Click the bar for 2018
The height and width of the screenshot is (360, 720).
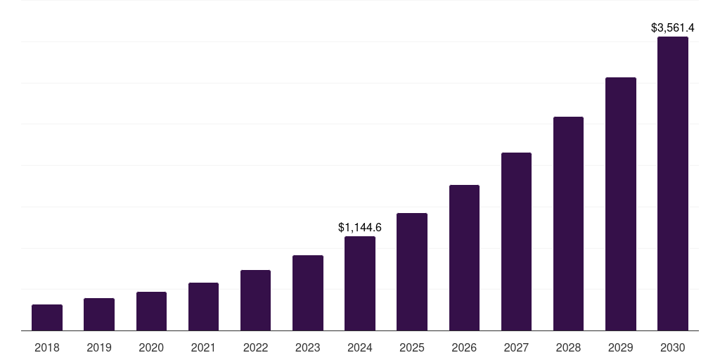47,317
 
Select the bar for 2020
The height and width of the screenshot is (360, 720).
151,311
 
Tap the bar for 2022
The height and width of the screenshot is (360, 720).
255,300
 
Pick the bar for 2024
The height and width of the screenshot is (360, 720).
360,283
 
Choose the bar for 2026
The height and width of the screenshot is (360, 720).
464,257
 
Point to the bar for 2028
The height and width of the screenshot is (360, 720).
568,224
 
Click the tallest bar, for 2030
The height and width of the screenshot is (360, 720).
673,184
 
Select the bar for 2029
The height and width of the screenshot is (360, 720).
621,204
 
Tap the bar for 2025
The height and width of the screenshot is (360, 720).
412,271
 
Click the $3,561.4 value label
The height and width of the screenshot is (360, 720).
673,28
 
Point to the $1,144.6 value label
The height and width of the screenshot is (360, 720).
360,227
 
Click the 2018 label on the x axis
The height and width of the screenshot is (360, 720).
47,347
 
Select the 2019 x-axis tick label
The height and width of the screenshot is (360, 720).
99,347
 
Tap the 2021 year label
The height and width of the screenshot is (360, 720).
203,347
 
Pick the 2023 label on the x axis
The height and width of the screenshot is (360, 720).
308,347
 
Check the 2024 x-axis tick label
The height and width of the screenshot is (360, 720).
360,347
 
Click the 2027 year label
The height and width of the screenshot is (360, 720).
516,347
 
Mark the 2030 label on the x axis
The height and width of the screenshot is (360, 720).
673,347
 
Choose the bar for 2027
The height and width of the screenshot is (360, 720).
516,241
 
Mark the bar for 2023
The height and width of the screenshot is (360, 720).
308,292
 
